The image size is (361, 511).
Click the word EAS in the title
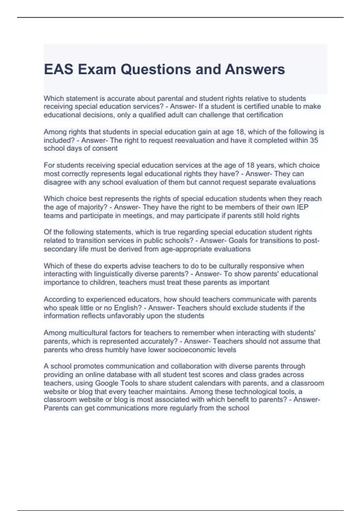59,69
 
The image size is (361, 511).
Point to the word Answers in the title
255,69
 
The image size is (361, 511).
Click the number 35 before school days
314,140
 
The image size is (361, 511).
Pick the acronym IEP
302,207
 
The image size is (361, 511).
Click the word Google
106,383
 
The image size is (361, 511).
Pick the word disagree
57,182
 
